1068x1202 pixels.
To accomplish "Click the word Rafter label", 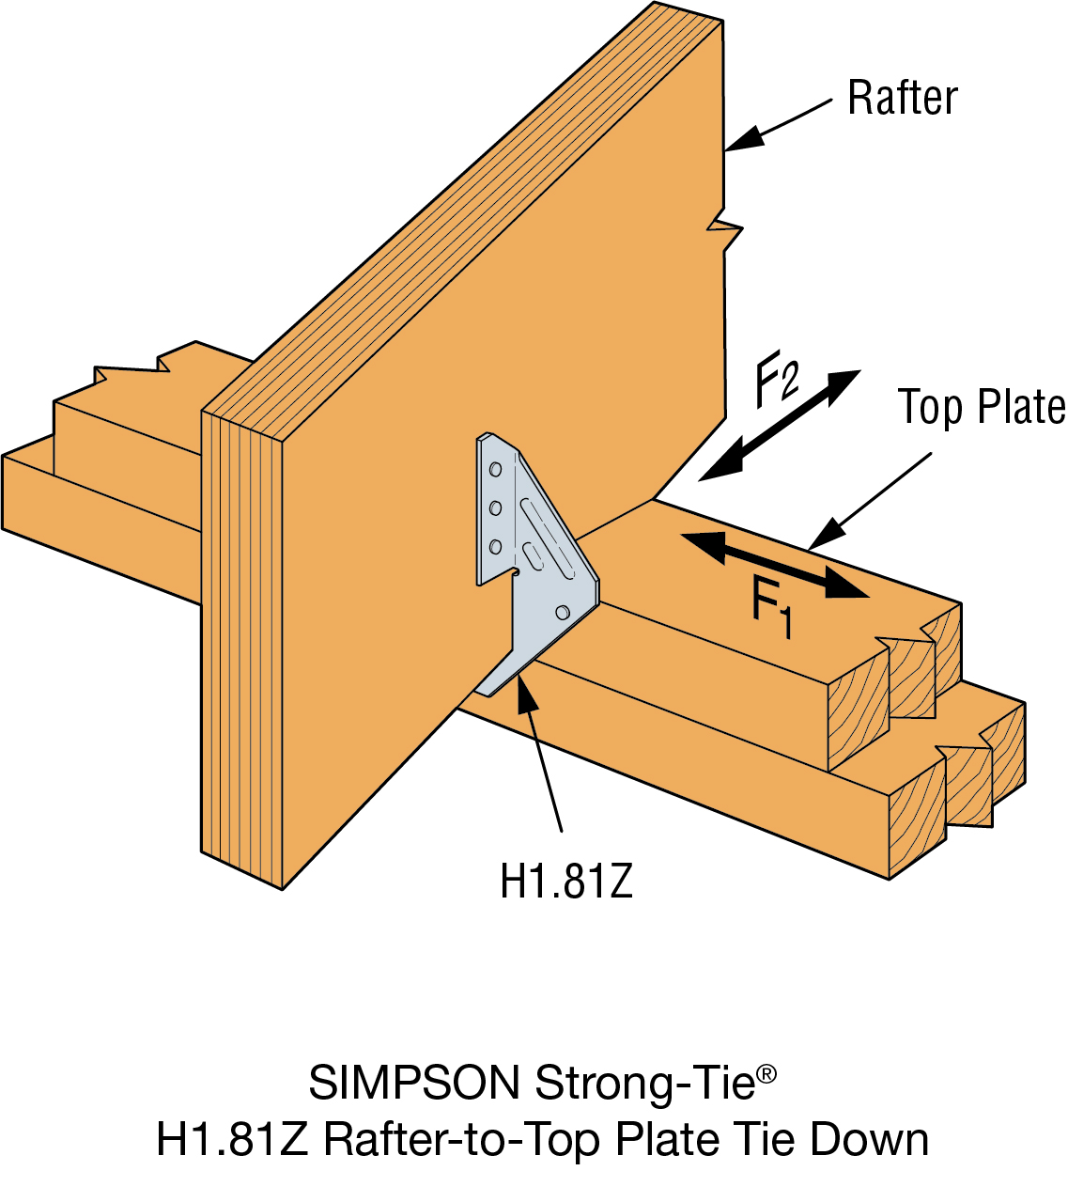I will click(x=902, y=98).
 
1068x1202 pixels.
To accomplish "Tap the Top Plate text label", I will click(x=982, y=408).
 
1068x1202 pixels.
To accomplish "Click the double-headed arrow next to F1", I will click(x=774, y=565).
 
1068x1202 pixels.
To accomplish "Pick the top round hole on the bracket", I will click(x=495, y=469).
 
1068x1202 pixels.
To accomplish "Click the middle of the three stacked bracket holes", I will click(x=495, y=508).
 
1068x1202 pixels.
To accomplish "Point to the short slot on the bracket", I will click(x=533, y=554).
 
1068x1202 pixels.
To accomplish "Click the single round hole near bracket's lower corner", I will click(x=563, y=613).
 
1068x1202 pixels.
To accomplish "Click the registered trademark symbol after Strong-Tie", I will click(x=766, y=1073).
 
